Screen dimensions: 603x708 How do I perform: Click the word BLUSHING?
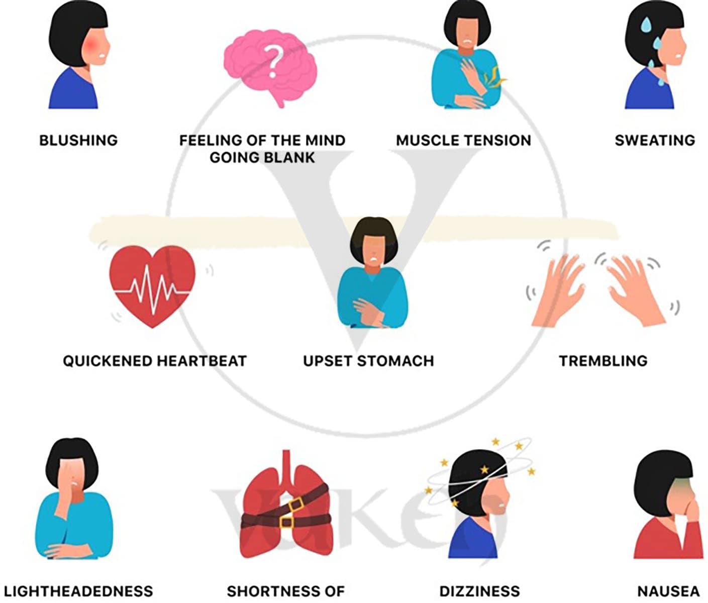(x=78, y=140)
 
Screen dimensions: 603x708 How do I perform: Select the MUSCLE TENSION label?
(x=463, y=140)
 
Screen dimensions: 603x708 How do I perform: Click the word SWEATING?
(x=655, y=140)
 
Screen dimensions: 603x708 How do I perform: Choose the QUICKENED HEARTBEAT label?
(x=155, y=361)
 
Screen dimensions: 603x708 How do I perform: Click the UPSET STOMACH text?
(x=368, y=361)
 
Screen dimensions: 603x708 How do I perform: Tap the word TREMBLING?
(x=603, y=361)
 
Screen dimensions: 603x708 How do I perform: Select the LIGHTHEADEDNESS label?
(x=78, y=591)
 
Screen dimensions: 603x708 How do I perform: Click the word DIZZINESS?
(x=479, y=591)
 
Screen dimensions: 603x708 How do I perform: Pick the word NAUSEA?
(x=668, y=591)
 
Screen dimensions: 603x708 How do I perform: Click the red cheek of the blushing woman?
(x=94, y=48)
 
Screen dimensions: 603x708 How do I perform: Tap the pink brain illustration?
(x=251, y=55)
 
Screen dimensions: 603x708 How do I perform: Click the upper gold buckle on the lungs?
(x=295, y=504)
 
